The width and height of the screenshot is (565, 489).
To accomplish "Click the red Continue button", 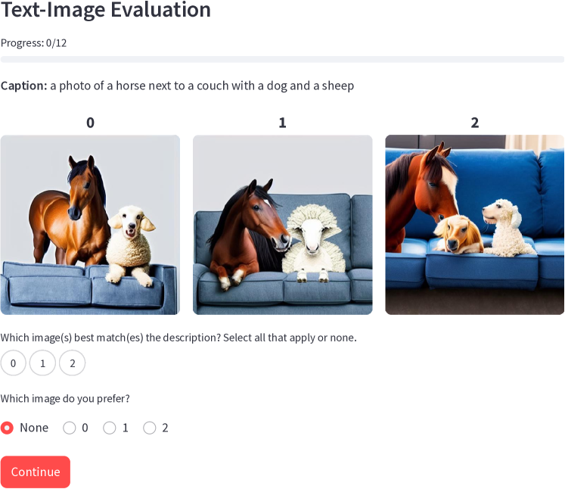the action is (36, 472).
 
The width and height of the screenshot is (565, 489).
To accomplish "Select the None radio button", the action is (7, 428).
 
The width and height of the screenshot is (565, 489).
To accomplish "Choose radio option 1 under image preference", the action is (110, 428).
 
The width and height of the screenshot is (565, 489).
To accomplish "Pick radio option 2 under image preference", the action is (150, 428).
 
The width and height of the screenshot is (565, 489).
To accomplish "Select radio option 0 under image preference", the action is (69, 428).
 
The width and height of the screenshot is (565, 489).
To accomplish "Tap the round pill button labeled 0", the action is (14, 363).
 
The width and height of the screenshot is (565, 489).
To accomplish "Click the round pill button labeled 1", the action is (42, 363).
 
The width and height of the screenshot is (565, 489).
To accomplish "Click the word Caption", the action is (23, 86).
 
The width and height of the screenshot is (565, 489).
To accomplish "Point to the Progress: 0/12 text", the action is (33, 43).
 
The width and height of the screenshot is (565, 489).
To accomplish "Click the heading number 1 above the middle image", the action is (283, 123).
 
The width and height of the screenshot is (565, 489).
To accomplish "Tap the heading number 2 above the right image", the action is (475, 123).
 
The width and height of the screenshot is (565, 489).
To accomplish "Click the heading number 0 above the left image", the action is (91, 123).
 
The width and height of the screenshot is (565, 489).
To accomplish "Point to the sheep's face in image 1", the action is (313, 238).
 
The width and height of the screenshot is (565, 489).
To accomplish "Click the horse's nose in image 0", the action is (76, 213).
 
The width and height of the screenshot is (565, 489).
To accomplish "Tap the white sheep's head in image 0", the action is (131, 221).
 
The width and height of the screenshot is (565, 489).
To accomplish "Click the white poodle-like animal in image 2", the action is (505, 227).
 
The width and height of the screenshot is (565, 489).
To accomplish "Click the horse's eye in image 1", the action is (256, 207).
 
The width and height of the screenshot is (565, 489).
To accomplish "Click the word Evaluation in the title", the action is (160, 9).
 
